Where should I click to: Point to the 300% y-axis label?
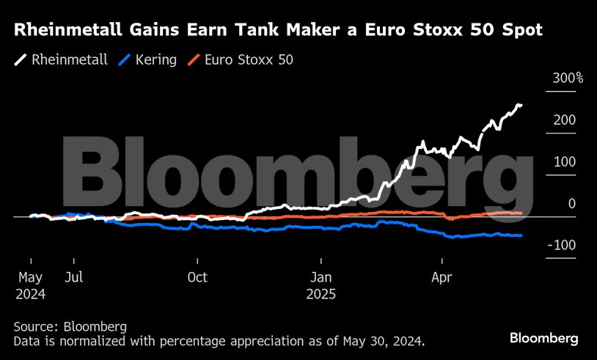click(x=567, y=78)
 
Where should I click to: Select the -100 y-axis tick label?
click(x=561, y=245)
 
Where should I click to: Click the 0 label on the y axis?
click(x=572, y=204)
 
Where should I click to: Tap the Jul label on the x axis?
click(x=73, y=278)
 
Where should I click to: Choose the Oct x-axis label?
click(x=197, y=278)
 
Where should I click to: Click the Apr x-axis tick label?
click(x=442, y=278)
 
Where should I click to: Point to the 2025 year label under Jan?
click(x=322, y=294)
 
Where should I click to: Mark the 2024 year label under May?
click(x=31, y=294)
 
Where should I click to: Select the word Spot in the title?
click(x=518, y=31)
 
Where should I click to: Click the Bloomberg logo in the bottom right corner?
click(x=544, y=338)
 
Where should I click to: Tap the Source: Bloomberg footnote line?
click(x=70, y=326)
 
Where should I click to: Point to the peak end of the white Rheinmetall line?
click(x=521, y=106)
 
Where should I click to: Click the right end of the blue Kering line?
click(x=521, y=235)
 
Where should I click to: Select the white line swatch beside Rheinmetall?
click(x=21, y=59)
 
